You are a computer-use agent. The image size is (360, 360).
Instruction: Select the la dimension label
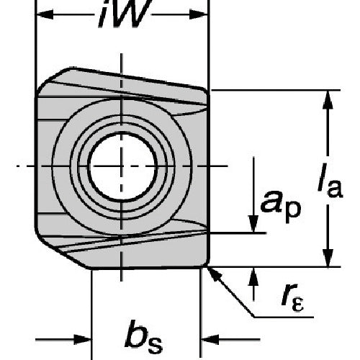330,180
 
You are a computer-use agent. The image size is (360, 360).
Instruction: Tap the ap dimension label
280,206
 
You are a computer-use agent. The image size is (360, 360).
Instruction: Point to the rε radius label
293,298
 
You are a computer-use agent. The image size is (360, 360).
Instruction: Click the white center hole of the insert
122,166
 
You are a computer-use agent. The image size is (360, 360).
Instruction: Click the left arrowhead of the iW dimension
45,14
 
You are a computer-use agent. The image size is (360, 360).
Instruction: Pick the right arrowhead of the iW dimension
198,14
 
